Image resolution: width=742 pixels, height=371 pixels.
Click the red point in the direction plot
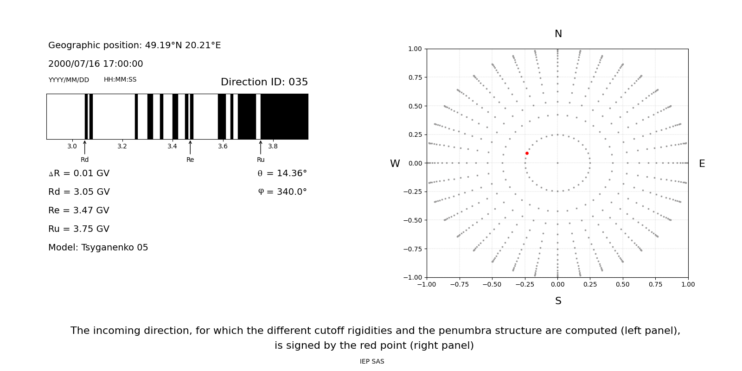[527, 153]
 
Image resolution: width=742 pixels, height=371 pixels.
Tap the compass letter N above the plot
[558, 34]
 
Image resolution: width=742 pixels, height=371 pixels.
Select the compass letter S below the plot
[558, 301]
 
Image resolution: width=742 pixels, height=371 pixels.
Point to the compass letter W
[395, 164]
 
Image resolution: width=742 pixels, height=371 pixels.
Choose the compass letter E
[702, 164]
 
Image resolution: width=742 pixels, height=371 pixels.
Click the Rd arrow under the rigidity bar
[84, 147]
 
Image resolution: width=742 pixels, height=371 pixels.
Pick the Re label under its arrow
[190, 160]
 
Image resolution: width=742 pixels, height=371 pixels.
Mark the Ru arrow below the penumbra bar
[261, 147]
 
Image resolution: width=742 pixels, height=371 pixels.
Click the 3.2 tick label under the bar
[122, 147]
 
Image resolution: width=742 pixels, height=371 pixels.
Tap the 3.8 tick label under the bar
[273, 147]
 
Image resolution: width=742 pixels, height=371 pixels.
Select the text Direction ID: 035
[264, 82]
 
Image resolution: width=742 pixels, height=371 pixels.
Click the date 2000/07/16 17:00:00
[96, 64]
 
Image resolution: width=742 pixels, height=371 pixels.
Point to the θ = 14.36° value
[282, 173]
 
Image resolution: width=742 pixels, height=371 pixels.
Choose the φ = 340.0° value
[282, 192]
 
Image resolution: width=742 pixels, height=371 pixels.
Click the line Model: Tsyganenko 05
[98, 248]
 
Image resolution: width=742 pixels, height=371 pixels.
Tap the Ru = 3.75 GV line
[79, 229]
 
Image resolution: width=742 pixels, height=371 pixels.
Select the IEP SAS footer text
[372, 362]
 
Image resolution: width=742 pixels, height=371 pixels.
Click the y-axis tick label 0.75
[415, 77]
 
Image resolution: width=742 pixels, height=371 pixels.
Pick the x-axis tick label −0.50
[492, 285]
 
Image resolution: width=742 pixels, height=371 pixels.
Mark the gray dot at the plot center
[557, 163]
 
